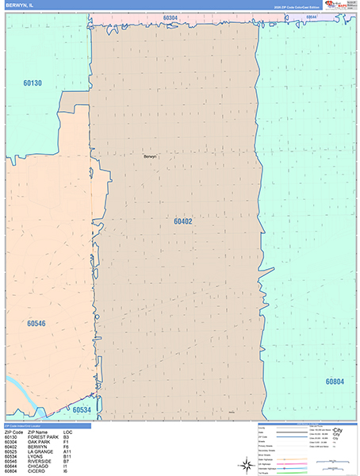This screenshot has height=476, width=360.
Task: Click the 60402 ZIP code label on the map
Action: [x=183, y=221]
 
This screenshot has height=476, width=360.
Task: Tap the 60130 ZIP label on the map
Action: [x=33, y=83]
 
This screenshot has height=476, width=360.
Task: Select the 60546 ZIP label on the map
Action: [x=36, y=324]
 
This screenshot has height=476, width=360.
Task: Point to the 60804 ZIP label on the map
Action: [x=335, y=381]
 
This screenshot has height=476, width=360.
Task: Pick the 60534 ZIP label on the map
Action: [x=82, y=410]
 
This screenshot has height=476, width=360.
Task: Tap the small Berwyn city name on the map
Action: [x=151, y=156]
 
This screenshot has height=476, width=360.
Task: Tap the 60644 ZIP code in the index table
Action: [x=11, y=467]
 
